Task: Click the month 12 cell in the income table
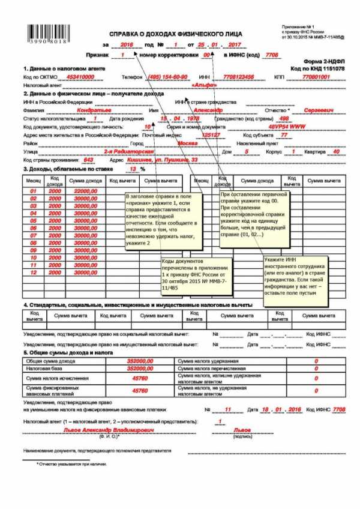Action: tap(34, 271)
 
